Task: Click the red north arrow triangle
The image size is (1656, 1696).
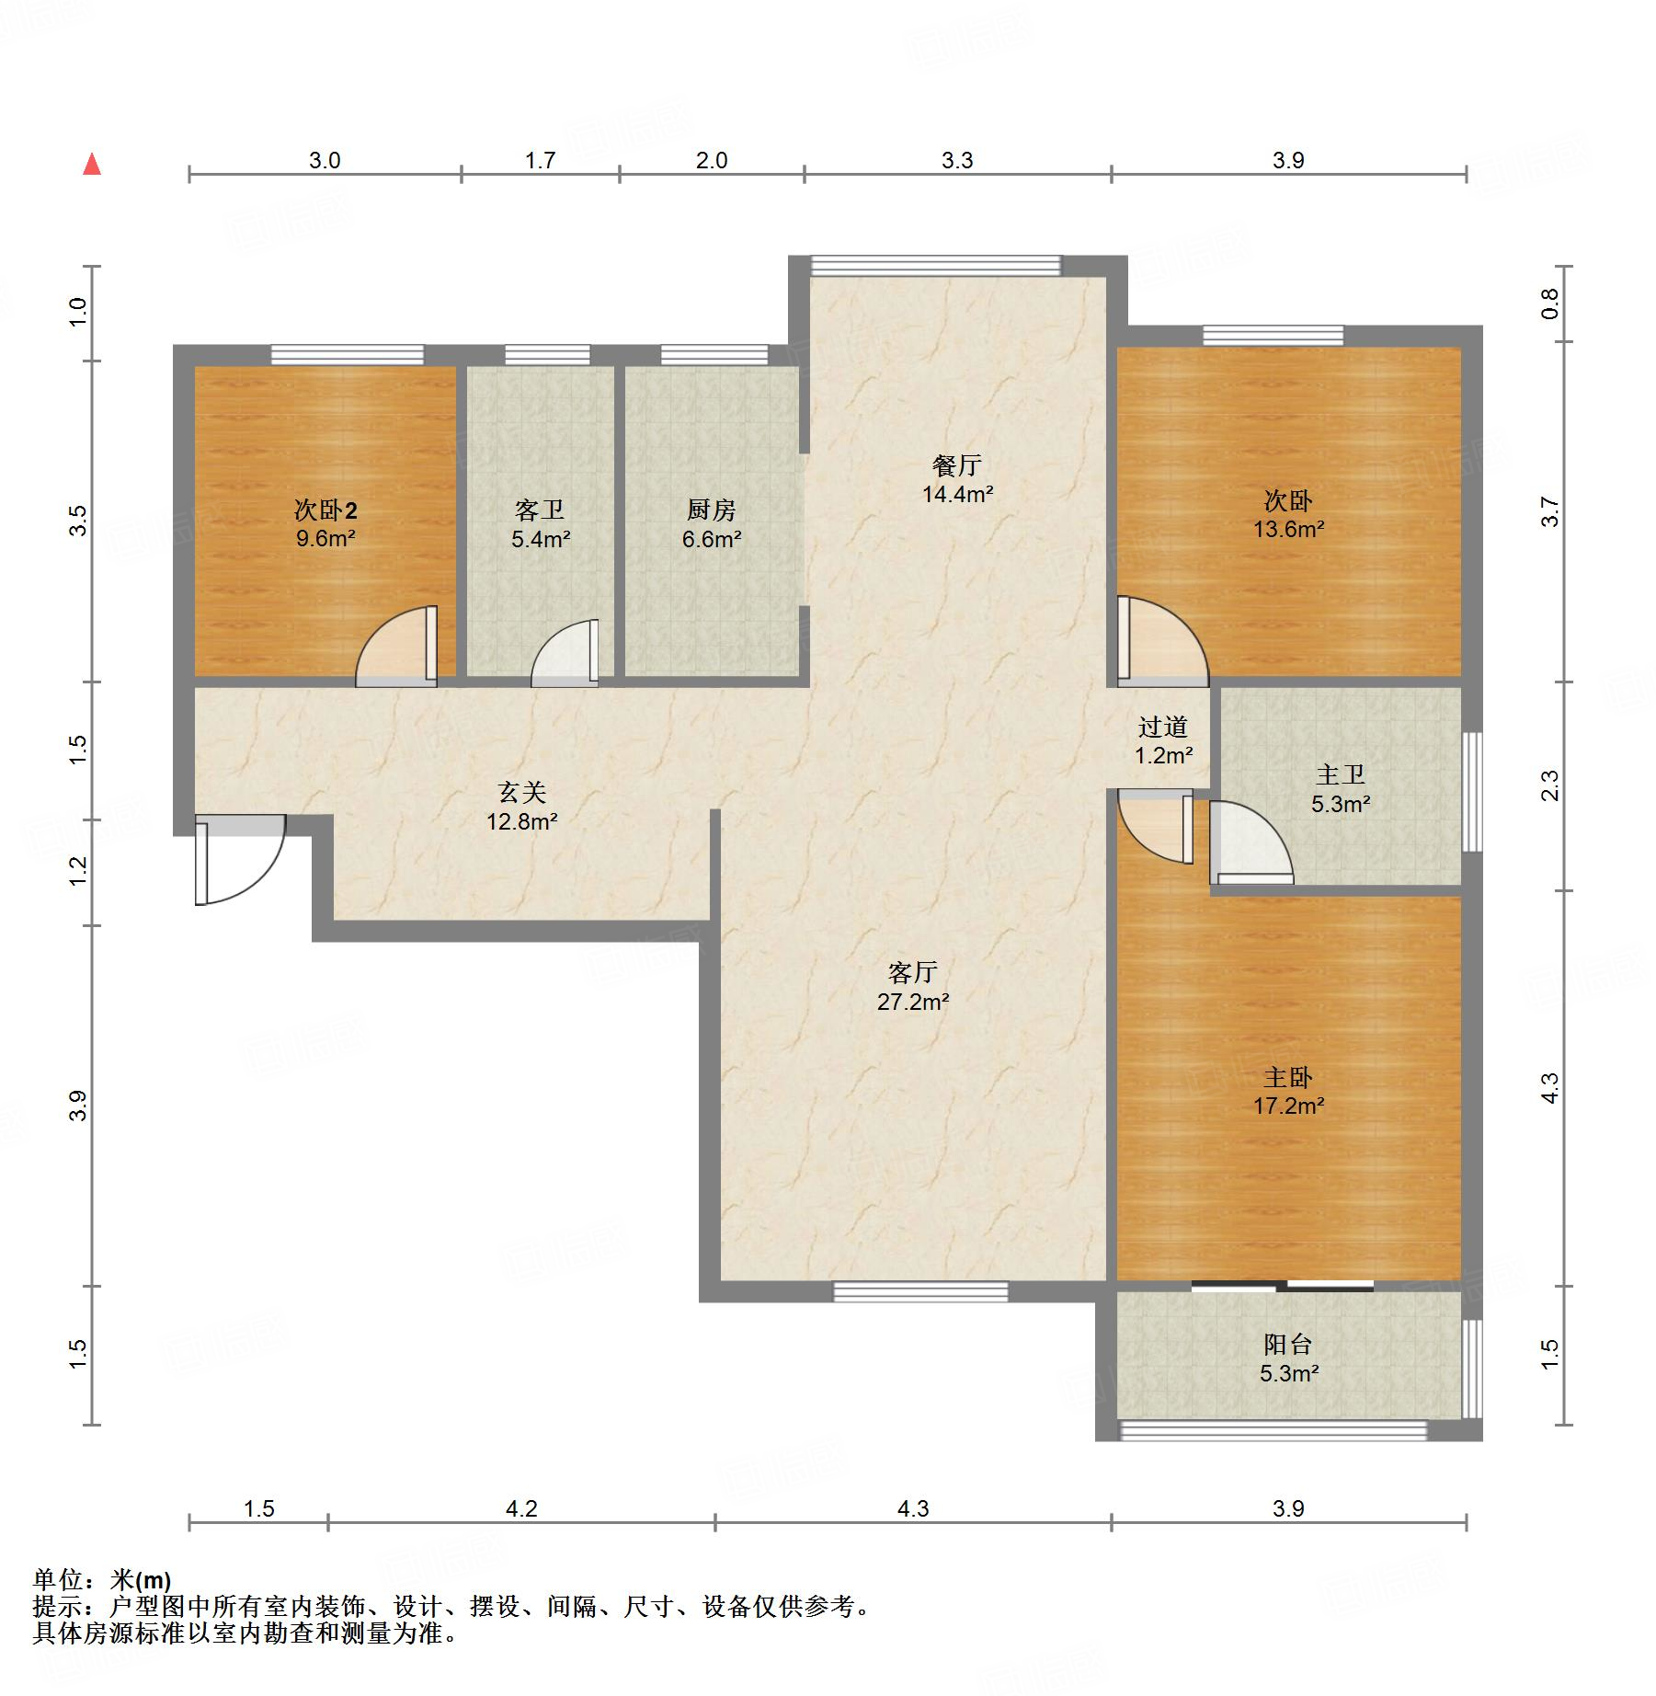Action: point(92,165)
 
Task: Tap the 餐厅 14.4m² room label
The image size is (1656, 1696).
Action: point(957,479)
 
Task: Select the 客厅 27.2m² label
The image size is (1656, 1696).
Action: point(912,987)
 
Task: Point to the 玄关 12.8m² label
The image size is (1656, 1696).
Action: point(522,807)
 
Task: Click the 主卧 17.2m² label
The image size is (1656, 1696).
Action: point(1288,1091)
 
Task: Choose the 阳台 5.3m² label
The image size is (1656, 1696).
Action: point(1288,1358)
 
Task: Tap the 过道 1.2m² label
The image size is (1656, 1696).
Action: point(1163,741)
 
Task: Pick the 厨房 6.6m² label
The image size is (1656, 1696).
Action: point(712,524)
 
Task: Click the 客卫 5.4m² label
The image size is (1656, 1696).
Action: point(541,524)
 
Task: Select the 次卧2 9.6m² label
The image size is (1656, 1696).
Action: point(325,523)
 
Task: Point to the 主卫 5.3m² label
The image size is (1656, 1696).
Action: point(1341,789)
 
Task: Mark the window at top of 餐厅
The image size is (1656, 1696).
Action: point(935,266)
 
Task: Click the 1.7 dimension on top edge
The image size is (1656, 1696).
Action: point(541,160)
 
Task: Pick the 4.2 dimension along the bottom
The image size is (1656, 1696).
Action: point(521,1508)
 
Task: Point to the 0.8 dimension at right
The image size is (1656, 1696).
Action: point(1550,304)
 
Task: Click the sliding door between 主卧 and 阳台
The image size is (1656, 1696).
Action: point(1283,1286)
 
